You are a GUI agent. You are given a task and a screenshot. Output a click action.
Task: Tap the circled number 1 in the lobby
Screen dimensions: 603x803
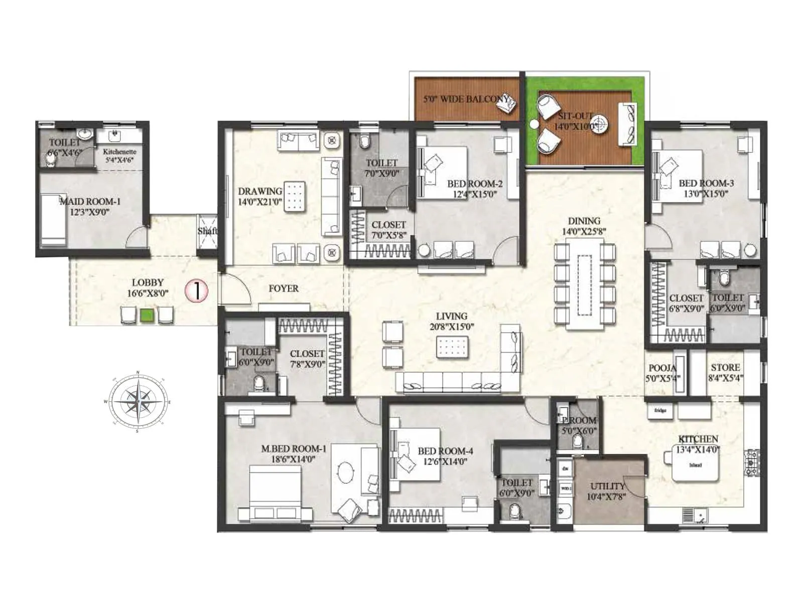tap(196, 290)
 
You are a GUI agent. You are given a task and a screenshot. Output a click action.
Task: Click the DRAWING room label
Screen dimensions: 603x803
tap(259, 191)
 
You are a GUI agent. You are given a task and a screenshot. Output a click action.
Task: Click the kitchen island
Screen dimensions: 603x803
tap(695, 466)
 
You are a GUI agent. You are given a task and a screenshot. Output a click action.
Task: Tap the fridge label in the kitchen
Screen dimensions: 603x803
tap(660, 411)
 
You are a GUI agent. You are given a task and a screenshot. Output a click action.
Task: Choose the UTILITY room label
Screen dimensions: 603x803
tap(607, 486)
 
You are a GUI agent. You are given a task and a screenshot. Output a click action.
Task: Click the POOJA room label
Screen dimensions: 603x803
tap(662, 368)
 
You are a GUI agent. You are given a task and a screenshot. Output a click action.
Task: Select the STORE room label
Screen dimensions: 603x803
tap(725, 367)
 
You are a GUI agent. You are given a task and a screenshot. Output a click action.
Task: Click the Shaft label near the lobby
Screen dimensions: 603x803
tap(207, 231)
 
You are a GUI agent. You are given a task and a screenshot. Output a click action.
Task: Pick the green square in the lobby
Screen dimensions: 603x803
tap(147, 316)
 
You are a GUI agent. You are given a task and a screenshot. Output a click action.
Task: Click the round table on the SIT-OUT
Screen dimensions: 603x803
tap(600, 123)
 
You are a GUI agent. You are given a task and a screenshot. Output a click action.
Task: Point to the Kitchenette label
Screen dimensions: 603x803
tap(119, 151)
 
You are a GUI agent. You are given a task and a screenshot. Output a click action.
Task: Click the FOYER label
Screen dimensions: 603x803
tap(283, 288)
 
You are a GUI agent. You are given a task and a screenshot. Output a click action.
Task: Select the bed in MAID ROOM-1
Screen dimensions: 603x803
tap(53, 220)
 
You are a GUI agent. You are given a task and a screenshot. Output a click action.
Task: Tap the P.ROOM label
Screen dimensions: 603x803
tap(579, 420)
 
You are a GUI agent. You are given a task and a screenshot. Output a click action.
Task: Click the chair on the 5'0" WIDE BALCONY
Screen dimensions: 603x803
tap(509, 103)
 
